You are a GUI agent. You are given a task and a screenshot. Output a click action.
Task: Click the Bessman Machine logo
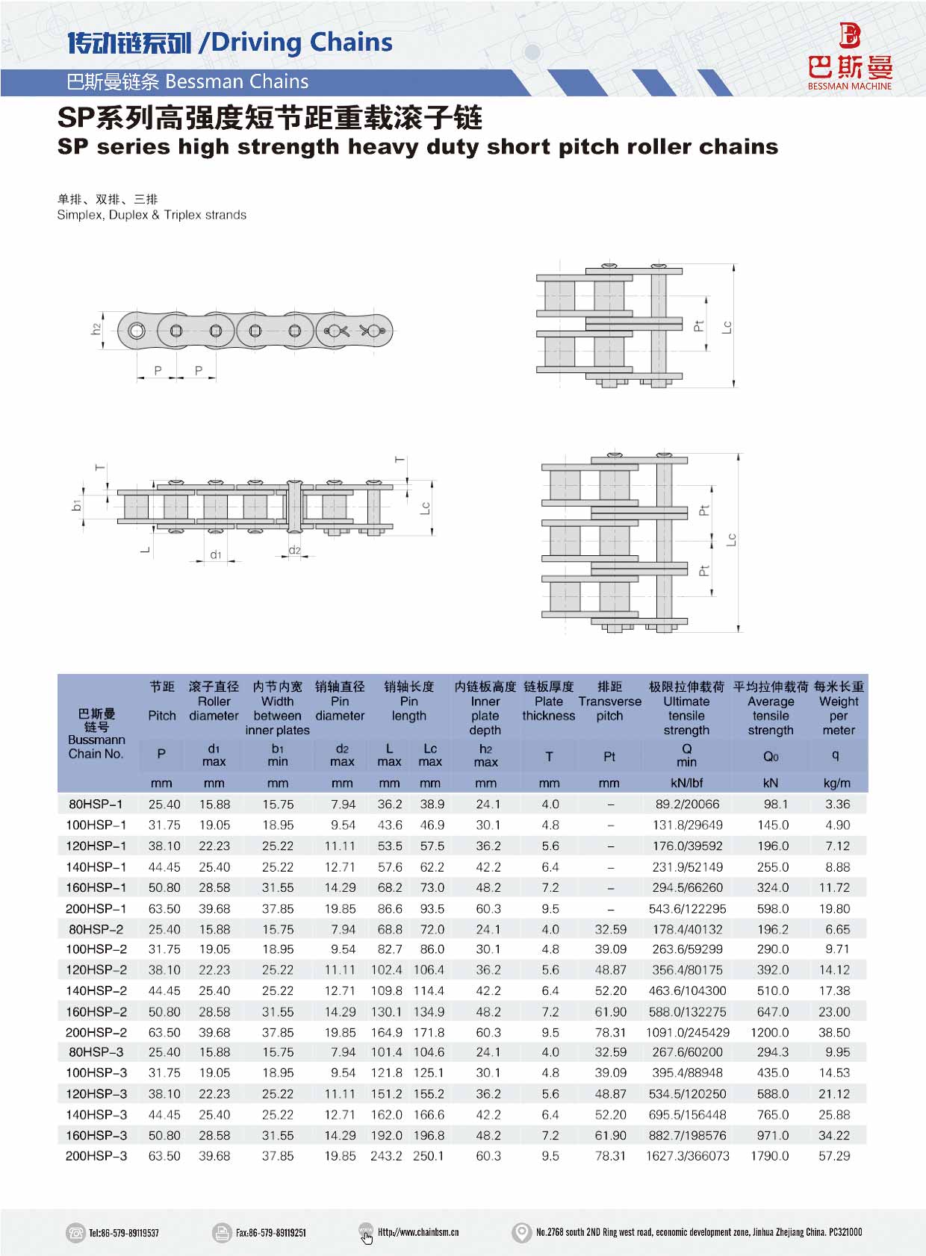pyautogui.click(x=850, y=56)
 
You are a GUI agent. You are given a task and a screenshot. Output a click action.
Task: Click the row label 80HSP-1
pyautogui.click(x=96, y=804)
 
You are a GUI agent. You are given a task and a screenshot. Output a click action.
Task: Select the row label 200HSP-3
pyautogui.click(x=96, y=1156)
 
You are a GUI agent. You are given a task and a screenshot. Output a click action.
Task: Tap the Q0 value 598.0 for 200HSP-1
pyautogui.click(x=772, y=909)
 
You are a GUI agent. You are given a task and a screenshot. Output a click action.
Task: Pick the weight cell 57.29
pyautogui.click(x=834, y=1156)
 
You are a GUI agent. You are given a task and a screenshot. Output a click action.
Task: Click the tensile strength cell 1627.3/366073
pyautogui.click(x=687, y=1156)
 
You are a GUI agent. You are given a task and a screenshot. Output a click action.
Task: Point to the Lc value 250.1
pyautogui.click(x=428, y=1156)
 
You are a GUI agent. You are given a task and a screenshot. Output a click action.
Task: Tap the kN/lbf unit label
pyautogui.click(x=686, y=784)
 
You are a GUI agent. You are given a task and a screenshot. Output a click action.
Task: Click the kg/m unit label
pyautogui.click(x=836, y=784)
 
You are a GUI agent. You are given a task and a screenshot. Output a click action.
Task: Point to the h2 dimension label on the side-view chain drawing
pyautogui.click(x=96, y=328)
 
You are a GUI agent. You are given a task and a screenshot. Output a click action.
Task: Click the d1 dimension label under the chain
pyautogui.click(x=216, y=554)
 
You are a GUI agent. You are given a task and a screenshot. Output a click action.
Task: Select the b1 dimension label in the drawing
pyautogui.click(x=77, y=506)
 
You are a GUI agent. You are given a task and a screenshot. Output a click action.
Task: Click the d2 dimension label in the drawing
pyautogui.click(x=294, y=551)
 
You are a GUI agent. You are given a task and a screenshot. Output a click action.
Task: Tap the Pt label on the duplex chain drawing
pyautogui.click(x=699, y=326)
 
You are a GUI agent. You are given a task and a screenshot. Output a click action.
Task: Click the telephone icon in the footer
pyautogui.click(x=75, y=1232)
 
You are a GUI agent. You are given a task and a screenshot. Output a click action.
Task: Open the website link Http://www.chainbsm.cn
pyautogui.click(x=418, y=1232)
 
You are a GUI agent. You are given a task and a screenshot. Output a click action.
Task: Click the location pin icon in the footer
pyautogui.click(x=521, y=1232)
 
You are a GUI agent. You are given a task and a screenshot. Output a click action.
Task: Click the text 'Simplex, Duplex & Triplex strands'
pyautogui.click(x=152, y=215)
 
